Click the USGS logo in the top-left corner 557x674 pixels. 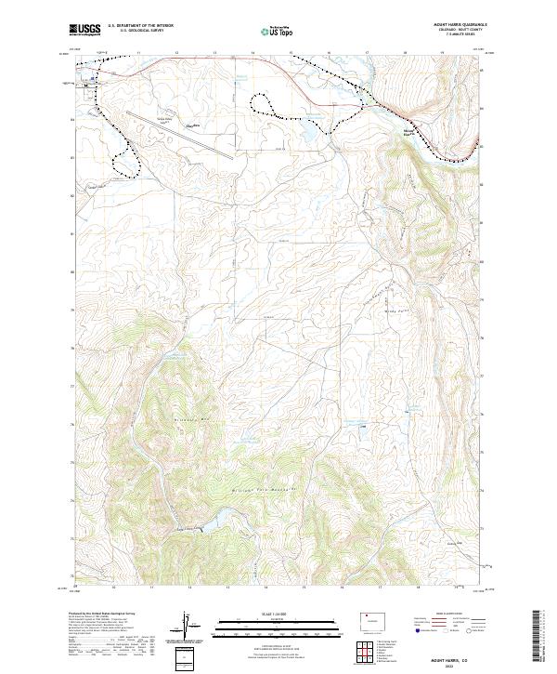84,31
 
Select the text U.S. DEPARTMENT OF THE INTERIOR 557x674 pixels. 140,26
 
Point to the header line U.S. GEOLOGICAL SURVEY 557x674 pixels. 140,32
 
